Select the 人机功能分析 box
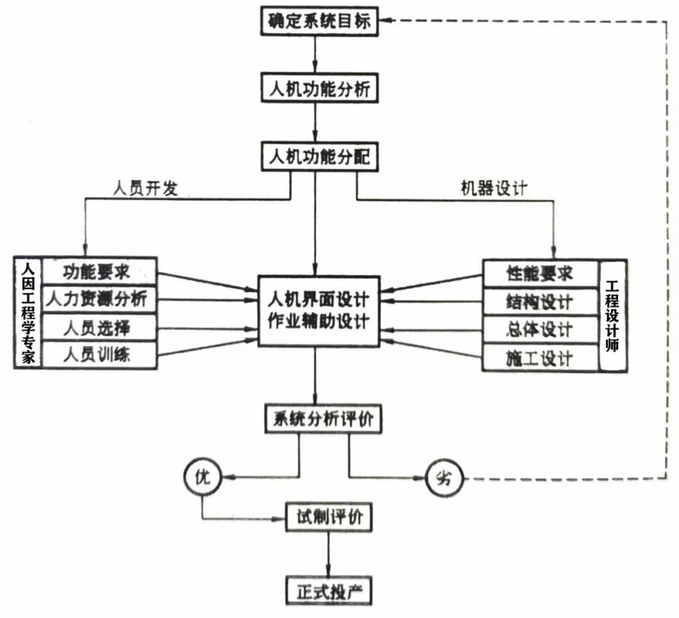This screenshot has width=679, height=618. (x=319, y=90)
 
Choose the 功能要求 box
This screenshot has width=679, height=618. (x=99, y=272)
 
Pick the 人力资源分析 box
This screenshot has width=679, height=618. (x=99, y=299)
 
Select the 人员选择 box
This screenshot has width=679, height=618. (x=99, y=327)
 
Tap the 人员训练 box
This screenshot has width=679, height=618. (x=99, y=355)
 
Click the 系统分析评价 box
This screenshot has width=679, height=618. (x=323, y=419)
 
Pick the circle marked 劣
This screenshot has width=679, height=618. (x=443, y=480)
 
